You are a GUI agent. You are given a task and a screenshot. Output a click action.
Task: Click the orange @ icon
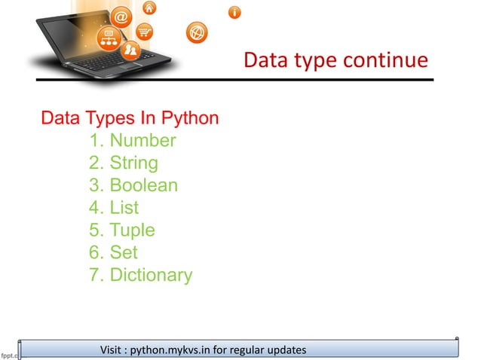pos(122,17)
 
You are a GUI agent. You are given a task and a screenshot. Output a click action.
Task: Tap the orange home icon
pos(149,8)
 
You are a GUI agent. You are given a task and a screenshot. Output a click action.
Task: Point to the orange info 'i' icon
pos(235,12)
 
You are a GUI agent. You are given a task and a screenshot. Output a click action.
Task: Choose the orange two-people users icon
pos(130,50)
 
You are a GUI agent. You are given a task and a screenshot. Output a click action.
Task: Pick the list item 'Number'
pos(142,141)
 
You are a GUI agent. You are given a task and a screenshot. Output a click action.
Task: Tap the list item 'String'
pos(133,163)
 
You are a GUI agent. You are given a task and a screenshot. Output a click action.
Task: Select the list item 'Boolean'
pos(143,185)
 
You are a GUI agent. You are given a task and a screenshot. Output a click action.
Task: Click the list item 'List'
pos(124,208)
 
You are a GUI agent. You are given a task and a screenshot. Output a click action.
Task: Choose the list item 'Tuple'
pos(132,230)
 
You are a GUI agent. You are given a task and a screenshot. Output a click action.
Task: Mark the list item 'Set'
pos(124,252)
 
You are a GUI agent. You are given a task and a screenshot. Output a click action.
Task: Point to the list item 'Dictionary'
pos(151,275)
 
